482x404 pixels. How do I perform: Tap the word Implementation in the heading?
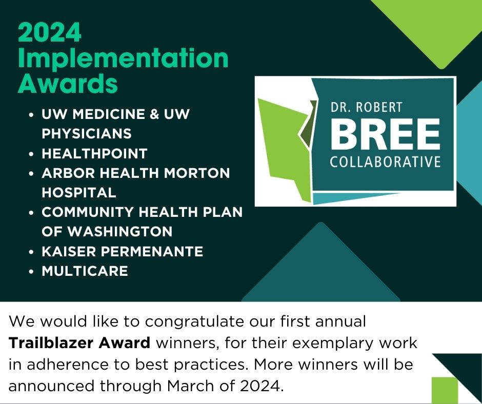123,59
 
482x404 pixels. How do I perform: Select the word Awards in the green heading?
68,84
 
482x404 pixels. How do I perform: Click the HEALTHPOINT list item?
94,153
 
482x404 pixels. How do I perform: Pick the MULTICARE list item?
85,271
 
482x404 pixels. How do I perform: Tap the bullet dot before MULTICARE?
32,271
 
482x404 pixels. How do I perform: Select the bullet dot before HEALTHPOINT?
32,154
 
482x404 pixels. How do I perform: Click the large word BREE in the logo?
385,134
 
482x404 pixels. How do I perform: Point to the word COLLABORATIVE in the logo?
385,163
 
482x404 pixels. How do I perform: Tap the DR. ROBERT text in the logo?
367,108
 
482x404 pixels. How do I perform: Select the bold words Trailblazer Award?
79,343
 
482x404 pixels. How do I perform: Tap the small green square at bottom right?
444,390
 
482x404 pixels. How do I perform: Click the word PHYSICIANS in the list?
87,133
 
